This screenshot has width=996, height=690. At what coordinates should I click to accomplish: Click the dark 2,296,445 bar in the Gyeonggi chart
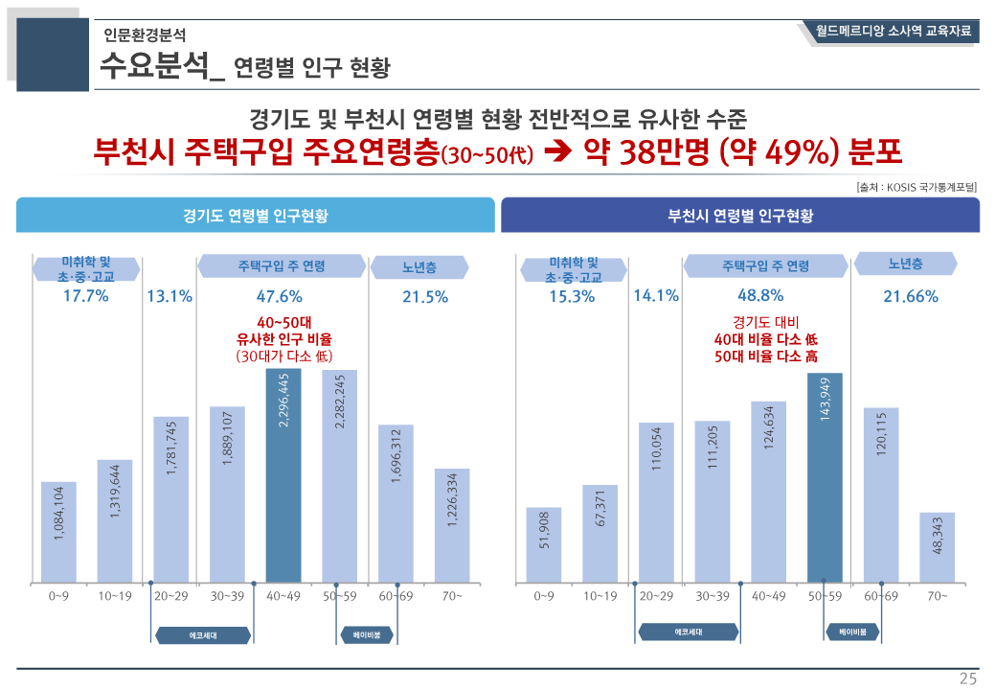click(283, 475)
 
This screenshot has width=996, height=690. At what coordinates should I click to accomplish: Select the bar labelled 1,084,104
click(58, 532)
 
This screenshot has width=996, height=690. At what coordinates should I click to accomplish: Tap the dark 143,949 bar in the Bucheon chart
click(825, 477)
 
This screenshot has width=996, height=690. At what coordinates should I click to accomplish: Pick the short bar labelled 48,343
click(938, 547)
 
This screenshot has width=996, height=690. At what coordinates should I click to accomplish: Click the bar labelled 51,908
click(543, 544)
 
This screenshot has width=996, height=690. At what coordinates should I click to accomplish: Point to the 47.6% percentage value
click(279, 296)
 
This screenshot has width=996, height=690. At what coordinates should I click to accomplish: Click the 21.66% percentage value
click(910, 297)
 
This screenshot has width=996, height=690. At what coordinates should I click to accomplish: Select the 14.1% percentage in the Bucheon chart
click(656, 296)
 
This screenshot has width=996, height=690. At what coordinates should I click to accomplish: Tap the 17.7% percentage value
click(85, 296)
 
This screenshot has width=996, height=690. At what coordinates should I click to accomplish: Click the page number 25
click(968, 678)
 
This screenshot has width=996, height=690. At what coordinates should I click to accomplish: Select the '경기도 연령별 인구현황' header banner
click(256, 216)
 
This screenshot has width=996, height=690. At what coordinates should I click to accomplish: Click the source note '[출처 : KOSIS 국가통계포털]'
click(917, 188)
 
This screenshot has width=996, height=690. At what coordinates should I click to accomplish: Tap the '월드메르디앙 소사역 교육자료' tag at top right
click(893, 32)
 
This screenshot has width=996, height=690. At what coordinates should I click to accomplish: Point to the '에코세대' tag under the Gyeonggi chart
click(202, 635)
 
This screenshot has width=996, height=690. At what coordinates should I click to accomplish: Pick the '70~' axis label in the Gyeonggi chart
click(452, 596)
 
